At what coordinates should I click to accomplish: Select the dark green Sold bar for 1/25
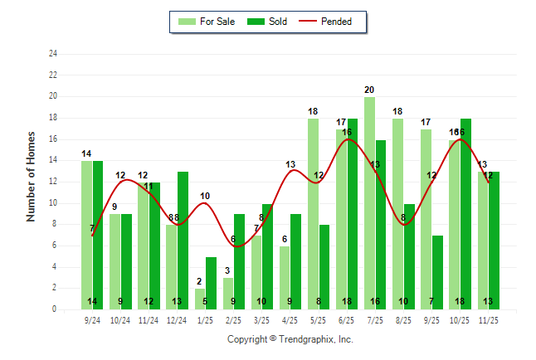[211, 283]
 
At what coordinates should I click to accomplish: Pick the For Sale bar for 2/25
[227, 294]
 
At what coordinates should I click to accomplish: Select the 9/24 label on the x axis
[92, 319]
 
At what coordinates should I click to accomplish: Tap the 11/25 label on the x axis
[488, 319]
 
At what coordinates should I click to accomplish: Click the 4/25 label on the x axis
[290, 319]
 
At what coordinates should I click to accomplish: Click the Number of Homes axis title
[32, 176]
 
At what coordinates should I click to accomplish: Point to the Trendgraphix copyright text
[290, 339]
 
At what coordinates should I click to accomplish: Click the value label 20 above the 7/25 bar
[369, 90]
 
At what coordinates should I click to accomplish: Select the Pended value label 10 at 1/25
[205, 196]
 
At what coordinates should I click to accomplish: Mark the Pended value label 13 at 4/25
[290, 164]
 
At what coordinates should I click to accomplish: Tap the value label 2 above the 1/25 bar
[199, 282]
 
